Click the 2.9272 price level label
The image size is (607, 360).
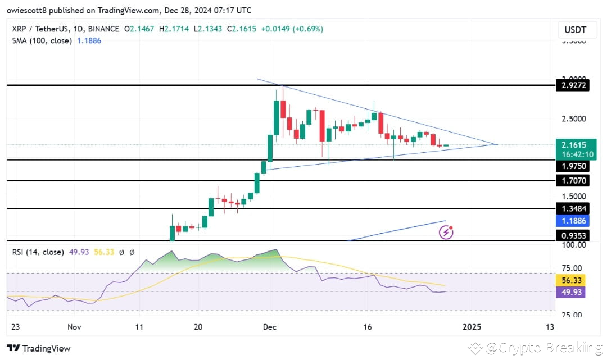coord(572,86)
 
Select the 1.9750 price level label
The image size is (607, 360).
coord(572,167)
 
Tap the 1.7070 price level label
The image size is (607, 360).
coord(572,181)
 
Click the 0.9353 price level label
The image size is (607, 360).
coord(572,236)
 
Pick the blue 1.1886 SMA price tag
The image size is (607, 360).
coord(572,221)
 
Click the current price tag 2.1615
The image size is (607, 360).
coord(572,145)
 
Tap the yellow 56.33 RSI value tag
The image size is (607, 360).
coord(572,280)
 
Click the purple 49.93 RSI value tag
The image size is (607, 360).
coord(572,292)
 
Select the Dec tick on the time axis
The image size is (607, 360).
coord(270,327)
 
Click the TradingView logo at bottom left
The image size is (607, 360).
coord(39,348)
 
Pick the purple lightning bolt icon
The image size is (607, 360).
coord(446,231)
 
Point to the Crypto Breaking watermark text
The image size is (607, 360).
coord(539,348)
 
